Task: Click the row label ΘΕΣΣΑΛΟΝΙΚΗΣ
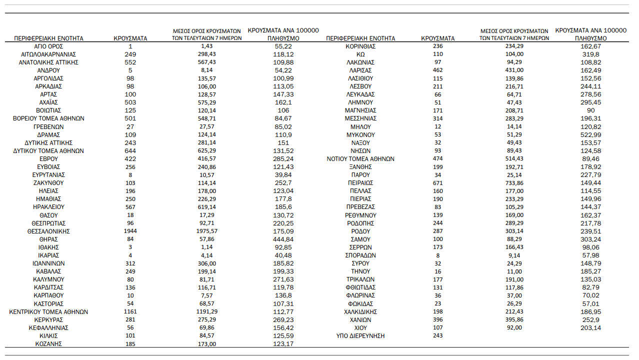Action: tap(48, 231)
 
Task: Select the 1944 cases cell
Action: tap(130, 231)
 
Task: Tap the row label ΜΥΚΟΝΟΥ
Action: tap(360, 134)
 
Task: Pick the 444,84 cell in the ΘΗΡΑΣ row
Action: tap(283, 239)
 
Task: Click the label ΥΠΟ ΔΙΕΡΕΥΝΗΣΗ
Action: tap(360, 335)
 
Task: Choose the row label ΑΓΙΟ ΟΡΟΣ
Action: tap(48, 46)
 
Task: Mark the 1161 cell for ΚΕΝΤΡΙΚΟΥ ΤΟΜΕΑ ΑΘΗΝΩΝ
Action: tap(130, 311)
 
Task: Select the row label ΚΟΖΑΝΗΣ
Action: tap(48, 344)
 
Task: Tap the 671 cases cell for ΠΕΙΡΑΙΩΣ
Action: tap(438, 183)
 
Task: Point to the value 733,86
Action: tap(514, 183)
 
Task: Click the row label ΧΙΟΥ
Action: tap(360, 327)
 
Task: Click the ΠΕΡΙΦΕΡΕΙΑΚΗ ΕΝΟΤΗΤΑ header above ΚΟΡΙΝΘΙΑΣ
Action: tap(360, 38)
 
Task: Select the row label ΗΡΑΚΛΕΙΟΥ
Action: tap(48, 207)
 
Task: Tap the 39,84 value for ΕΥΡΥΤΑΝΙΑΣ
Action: tap(283, 175)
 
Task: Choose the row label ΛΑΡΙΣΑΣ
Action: tap(360, 70)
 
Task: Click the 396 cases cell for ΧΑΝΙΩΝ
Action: tap(438, 319)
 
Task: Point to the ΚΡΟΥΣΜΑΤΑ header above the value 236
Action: tap(438, 38)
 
